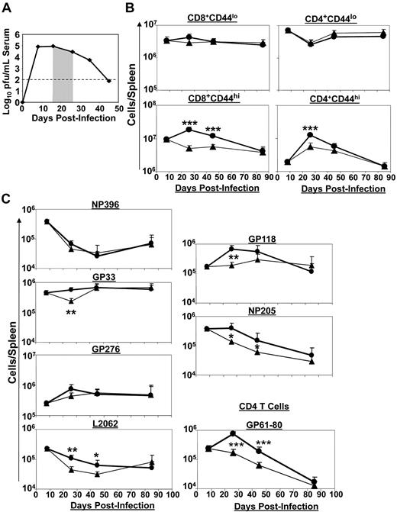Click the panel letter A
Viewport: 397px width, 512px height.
(x=8, y=10)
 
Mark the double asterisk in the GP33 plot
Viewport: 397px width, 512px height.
(x=70, y=313)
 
